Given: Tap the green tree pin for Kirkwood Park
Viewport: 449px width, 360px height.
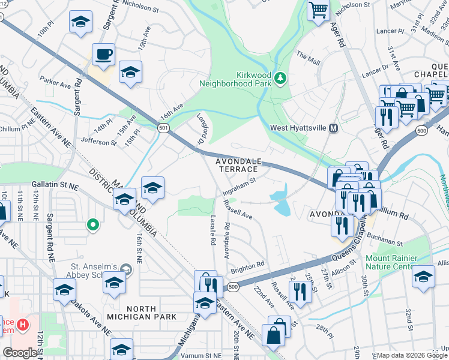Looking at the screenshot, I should click(x=279, y=77).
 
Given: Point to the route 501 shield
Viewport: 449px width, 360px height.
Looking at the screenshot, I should click(x=164, y=128).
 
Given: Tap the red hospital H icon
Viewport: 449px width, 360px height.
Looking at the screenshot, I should click(x=23, y=325).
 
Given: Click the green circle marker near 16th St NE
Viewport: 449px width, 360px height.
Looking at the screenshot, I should click(x=92, y=225).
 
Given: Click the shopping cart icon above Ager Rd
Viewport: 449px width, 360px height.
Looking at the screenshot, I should click(x=319, y=10).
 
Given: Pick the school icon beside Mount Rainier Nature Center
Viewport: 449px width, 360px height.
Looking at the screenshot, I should click(x=424, y=277).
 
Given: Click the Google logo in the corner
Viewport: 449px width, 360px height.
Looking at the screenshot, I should click(x=20, y=353).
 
